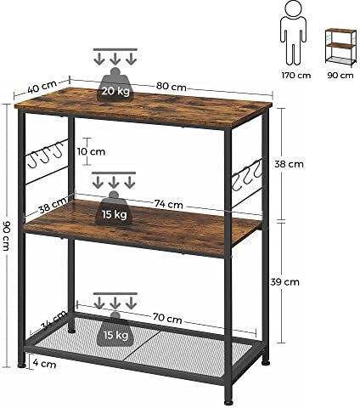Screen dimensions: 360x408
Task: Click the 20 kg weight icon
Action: [115, 84]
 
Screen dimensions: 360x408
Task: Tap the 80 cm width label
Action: [172, 87]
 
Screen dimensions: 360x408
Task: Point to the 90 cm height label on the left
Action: [6, 235]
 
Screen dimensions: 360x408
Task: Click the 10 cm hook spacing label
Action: [91, 151]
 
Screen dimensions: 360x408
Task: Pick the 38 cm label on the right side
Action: [289, 164]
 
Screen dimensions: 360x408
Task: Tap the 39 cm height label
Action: [284, 282]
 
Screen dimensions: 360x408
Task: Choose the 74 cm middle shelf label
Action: [169, 204]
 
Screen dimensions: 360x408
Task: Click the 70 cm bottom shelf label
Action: [167, 318]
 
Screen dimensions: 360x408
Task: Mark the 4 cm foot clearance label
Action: [44, 363]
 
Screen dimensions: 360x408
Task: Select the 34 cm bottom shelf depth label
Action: [54, 320]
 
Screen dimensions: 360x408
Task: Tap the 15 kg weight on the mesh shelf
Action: [115, 329]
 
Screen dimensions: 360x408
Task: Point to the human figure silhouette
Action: [293, 32]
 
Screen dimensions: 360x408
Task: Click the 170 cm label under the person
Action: [296, 76]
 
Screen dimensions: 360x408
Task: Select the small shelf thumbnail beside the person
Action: [340, 48]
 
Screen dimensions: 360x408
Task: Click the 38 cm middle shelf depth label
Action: [53, 206]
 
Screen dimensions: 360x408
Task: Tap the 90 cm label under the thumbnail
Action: [340, 76]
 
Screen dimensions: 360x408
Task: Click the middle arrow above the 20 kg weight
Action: [115, 59]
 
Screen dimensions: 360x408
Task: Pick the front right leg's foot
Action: [228, 402]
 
